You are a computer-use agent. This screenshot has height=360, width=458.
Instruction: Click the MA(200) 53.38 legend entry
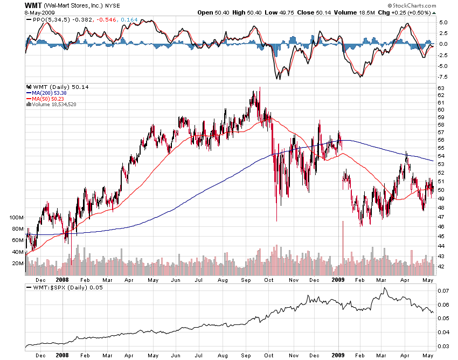46,93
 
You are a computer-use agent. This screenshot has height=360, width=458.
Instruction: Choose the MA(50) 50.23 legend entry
45,99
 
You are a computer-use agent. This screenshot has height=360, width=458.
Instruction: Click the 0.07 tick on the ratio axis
442,291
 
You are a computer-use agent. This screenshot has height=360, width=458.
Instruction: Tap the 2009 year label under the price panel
338,280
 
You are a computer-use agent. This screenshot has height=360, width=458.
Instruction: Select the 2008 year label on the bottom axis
62,356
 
